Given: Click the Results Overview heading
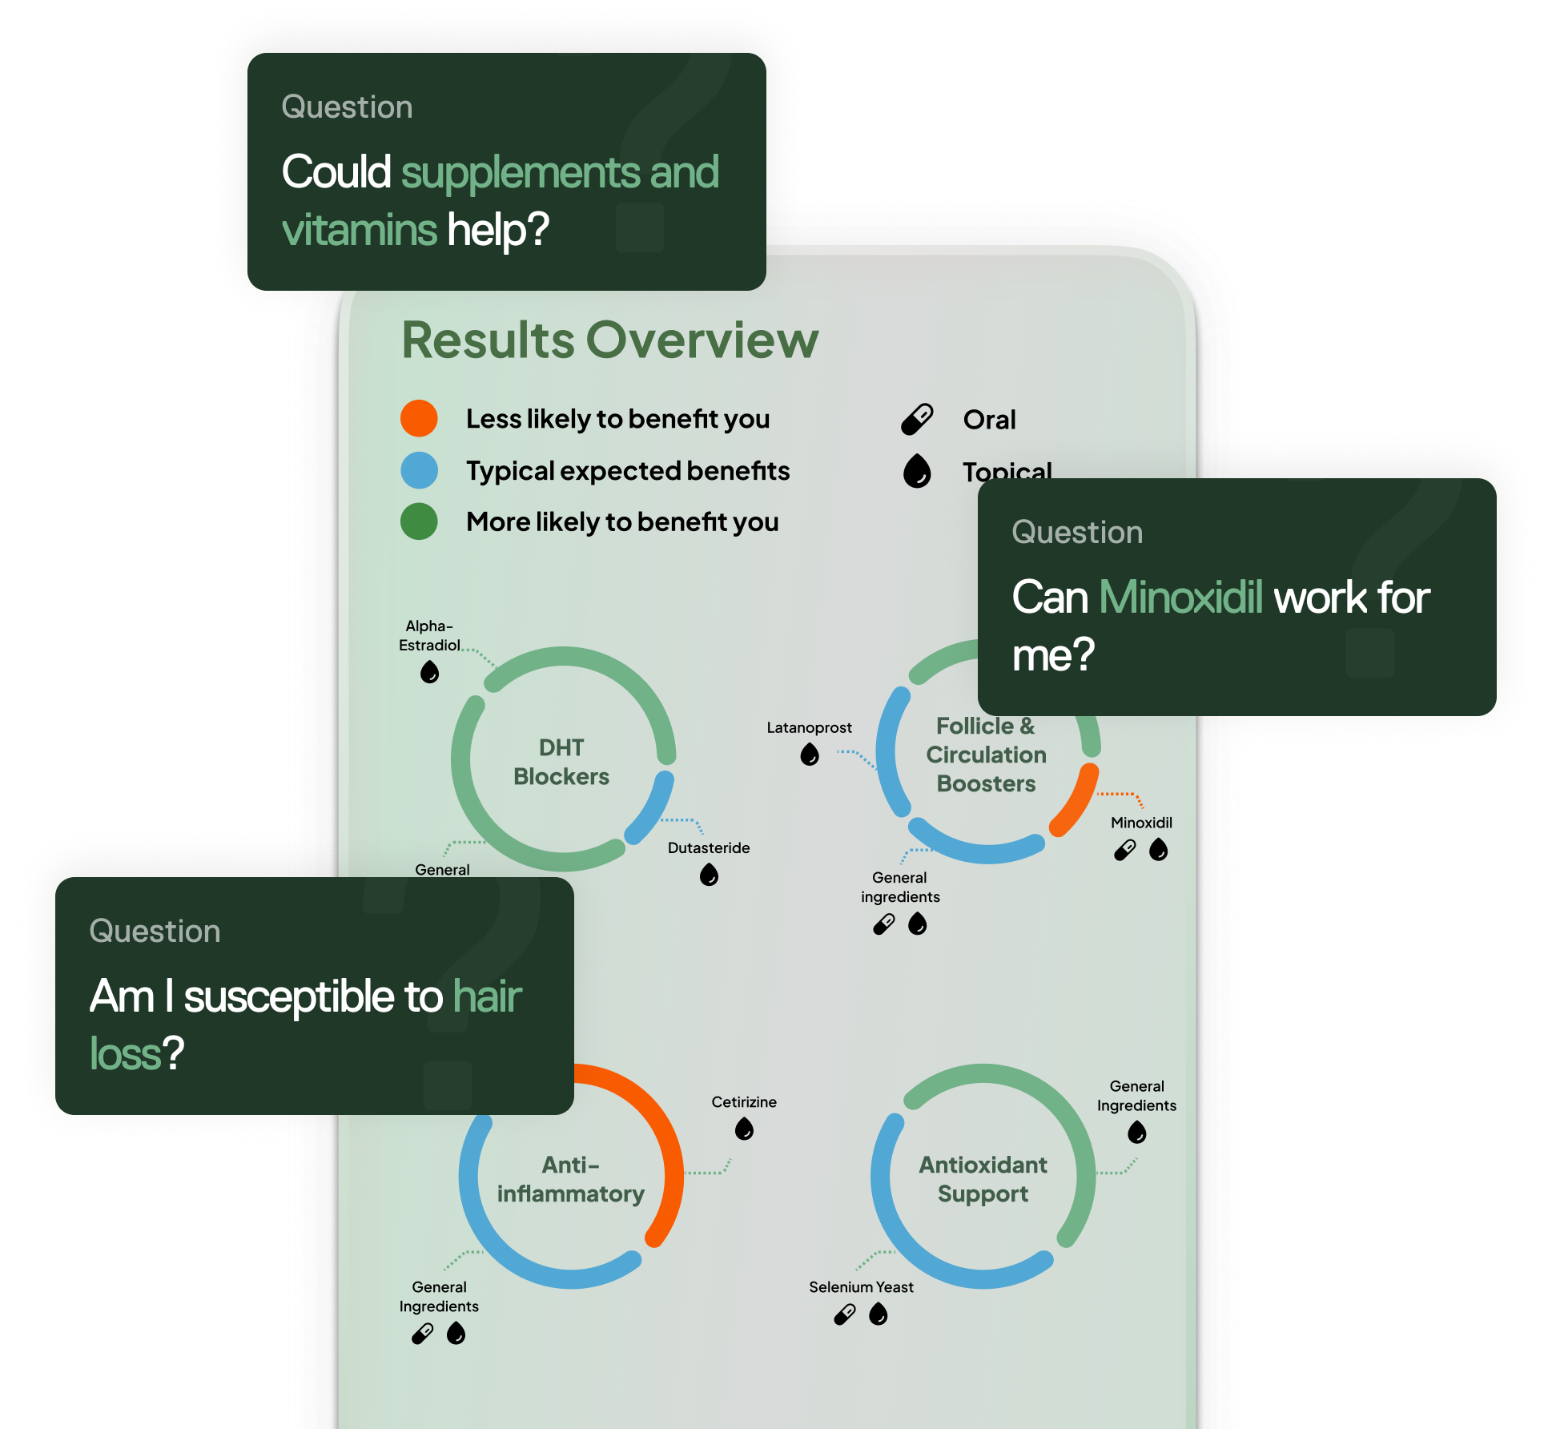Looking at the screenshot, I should [609, 340].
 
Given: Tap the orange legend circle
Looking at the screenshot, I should [419, 418].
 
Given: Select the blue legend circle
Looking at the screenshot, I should [419, 470].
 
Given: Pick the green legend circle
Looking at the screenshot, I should [419, 521].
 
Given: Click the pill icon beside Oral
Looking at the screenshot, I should [917, 419].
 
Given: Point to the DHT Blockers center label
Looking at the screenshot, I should [561, 762].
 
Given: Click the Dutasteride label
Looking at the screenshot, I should [709, 847].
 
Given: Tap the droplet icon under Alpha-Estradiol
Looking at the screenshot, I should [430, 671].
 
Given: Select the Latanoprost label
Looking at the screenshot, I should [809, 727].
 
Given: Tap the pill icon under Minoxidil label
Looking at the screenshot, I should [1125, 850].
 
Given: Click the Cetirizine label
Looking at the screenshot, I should [744, 1102].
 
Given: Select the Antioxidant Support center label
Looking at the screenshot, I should [983, 1179].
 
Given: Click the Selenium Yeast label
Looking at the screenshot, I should [861, 1287].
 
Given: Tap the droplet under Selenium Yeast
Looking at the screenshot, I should [879, 1314].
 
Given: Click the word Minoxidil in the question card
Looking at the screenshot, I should [1180, 598].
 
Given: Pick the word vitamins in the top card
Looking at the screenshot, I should [360, 231].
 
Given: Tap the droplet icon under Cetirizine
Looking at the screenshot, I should [744, 1129].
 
